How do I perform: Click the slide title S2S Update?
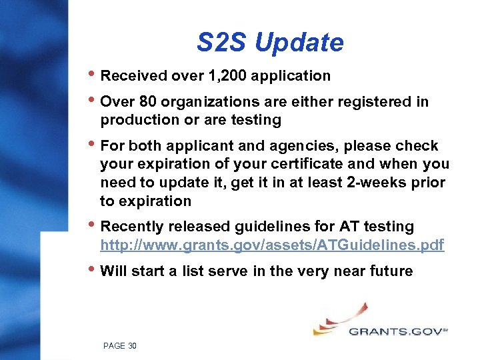(x=270, y=43)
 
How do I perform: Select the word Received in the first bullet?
(x=131, y=76)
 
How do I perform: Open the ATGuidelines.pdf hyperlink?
(x=272, y=245)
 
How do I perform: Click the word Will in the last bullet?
(x=113, y=271)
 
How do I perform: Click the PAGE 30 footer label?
(x=120, y=345)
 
